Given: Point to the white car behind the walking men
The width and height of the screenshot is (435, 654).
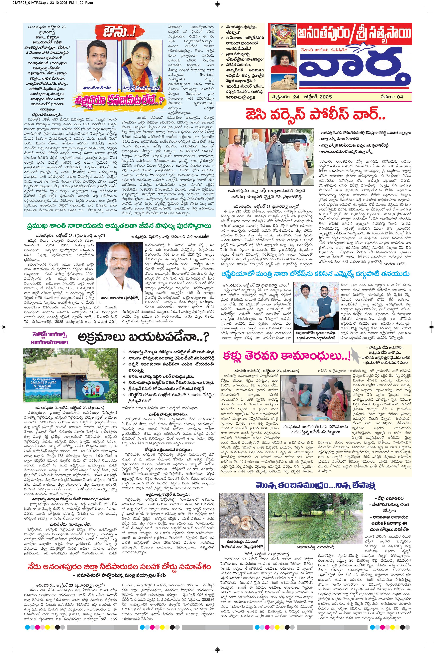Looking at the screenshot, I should coord(294,144).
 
